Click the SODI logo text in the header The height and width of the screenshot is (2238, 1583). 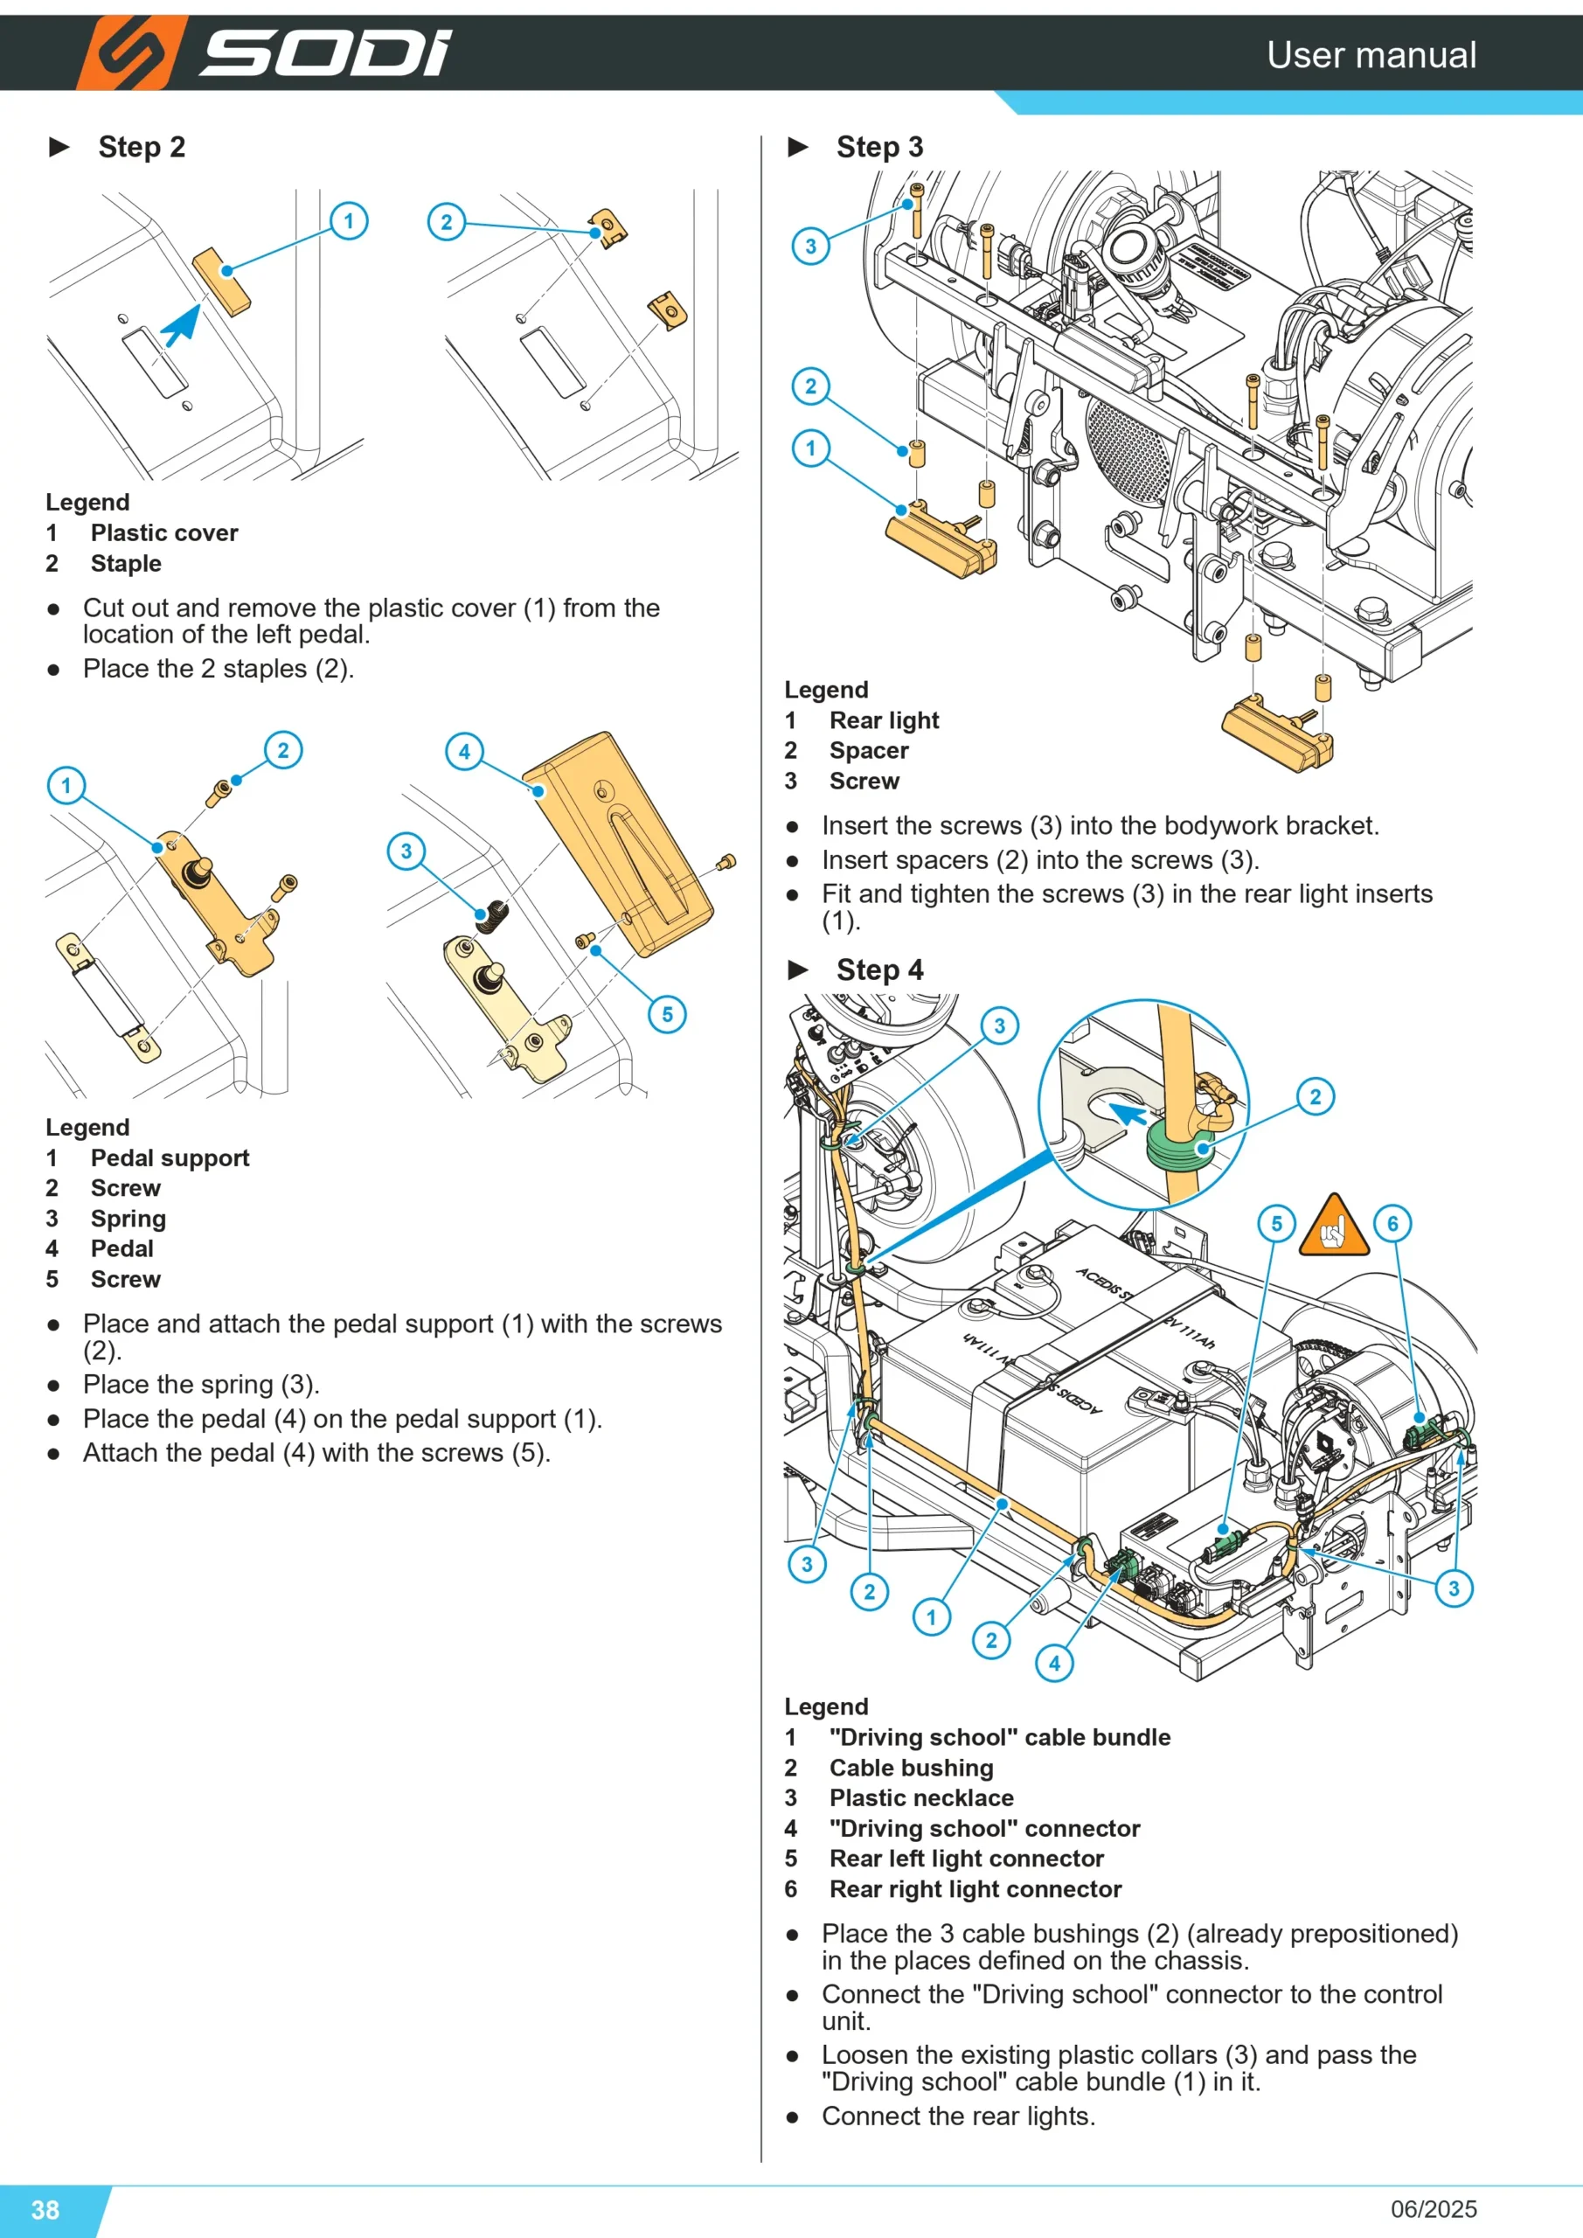[325, 52]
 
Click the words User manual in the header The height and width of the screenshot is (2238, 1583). [1371, 54]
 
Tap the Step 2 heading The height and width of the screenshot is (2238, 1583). [142, 147]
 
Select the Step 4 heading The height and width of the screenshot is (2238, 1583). [879, 970]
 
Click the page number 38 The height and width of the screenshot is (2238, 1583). [45, 2210]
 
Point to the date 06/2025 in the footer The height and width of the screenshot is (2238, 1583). [1433, 2209]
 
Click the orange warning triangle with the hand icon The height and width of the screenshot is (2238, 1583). [1335, 1227]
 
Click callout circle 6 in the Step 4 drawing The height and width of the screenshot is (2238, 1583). [1392, 1223]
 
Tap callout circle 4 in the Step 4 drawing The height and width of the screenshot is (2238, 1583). [1053, 1663]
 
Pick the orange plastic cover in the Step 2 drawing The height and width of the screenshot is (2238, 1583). [221, 281]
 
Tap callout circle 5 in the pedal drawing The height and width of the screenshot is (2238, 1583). [667, 1014]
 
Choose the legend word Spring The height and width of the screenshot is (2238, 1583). [128, 1219]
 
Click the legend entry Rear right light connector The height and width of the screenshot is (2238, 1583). [975, 1889]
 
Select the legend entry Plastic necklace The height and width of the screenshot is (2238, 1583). [921, 1797]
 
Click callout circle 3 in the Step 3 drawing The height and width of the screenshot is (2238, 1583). [810, 246]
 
